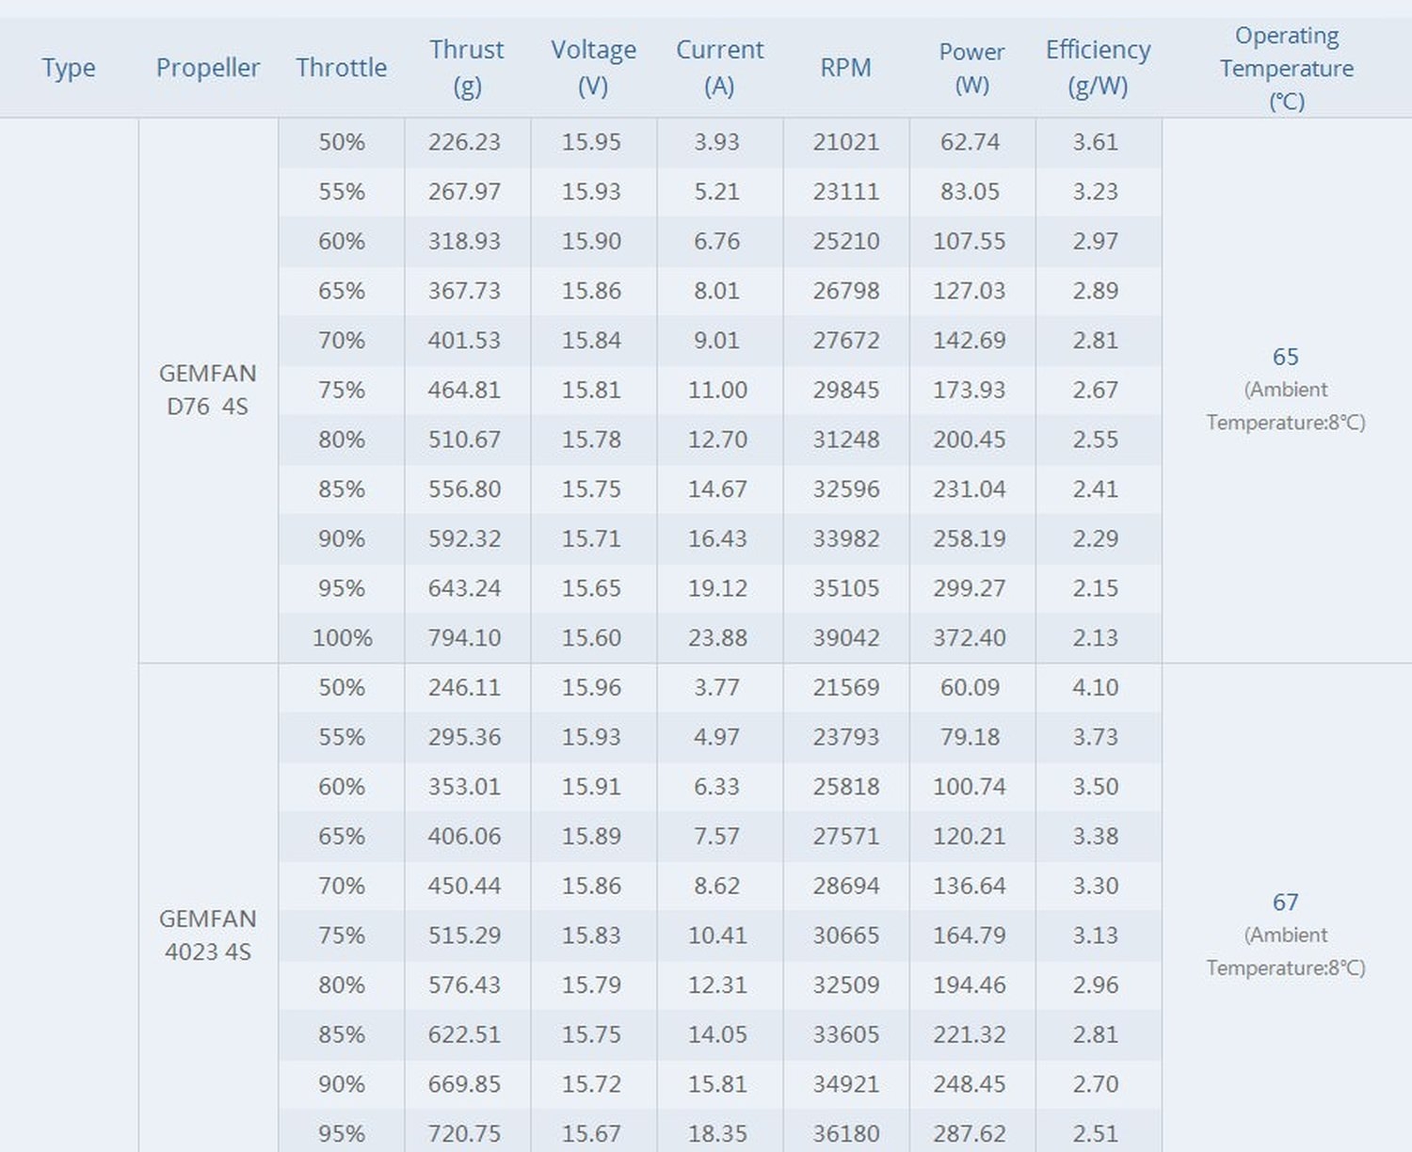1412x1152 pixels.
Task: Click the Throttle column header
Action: pyautogui.click(x=341, y=68)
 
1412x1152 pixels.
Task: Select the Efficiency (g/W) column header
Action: pyautogui.click(x=1098, y=67)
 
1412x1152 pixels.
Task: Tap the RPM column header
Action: pyautogui.click(x=845, y=68)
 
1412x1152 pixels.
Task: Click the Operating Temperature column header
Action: pyautogui.click(x=1286, y=68)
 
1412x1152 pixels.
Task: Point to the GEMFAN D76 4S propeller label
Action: pyautogui.click(x=207, y=390)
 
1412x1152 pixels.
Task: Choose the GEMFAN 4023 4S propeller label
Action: pyautogui.click(x=207, y=935)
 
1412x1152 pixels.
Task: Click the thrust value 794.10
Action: pyautogui.click(x=464, y=638)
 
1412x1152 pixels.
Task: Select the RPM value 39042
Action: pyautogui.click(x=845, y=638)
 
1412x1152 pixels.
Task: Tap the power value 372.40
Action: pyautogui.click(x=970, y=638)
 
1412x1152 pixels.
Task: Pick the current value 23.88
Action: pyautogui.click(x=717, y=638)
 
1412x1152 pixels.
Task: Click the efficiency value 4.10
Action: pyautogui.click(x=1095, y=687)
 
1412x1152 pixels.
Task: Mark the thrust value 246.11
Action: pyautogui.click(x=464, y=687)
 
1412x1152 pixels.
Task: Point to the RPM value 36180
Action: pyautogui.click(x=845, y=1133)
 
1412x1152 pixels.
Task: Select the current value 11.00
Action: pyautogui.click(x=717, y=390)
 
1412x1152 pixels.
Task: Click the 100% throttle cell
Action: pyautogui.click(x=342, y=638)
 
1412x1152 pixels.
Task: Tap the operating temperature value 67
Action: pyautogui.click(x=1285, y=903)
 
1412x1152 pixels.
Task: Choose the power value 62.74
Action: pyautogui.click(x=970, y=142)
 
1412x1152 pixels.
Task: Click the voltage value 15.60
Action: pyautogui.click(x=591, y=638)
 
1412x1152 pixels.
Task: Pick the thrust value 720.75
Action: pyautogui.click(x=464, y=1133)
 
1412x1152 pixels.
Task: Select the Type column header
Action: pyautogui.click(x=69, y=68)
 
